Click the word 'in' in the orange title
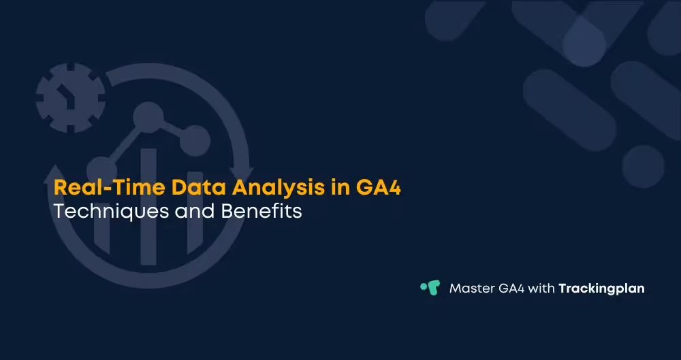point(340,187)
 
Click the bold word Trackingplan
point(601,289)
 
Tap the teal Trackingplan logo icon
point(430,287)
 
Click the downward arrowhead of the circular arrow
point(240,174)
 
